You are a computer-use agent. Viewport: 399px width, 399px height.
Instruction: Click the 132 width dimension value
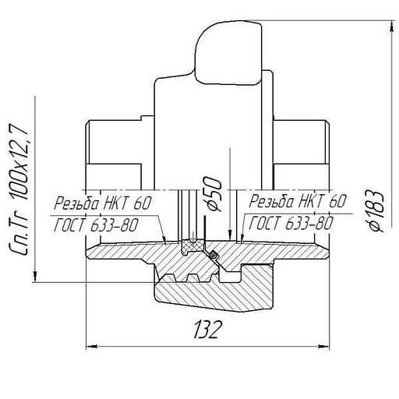pyautogui.click(x=208, y=330)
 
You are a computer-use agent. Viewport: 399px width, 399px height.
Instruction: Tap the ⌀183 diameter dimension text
pyautogui.click(x=376, y=210)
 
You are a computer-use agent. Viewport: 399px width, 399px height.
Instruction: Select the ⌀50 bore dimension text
pyautogui.click(x=214, y=193)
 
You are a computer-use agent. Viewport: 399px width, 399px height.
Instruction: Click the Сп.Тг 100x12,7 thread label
pyautogui.click(x=19, y=189)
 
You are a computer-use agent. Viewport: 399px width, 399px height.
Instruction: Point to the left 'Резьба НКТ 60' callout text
pyautogui.click(x=102, y=203)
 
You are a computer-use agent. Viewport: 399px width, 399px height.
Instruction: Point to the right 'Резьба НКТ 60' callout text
pyautogui.click(x=298, y=201)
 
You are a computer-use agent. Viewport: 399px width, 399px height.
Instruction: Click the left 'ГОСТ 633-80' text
pyautogui.click(x=96, y=224)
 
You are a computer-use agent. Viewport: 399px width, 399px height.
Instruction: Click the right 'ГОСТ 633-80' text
pyautogui.click(x=291, y=223)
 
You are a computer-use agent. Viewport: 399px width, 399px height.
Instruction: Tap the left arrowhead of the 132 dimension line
pyautogui.click(x=91, y=346)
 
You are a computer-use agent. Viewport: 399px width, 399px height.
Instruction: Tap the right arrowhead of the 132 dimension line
pyautogui.click(x=323, y=346)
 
